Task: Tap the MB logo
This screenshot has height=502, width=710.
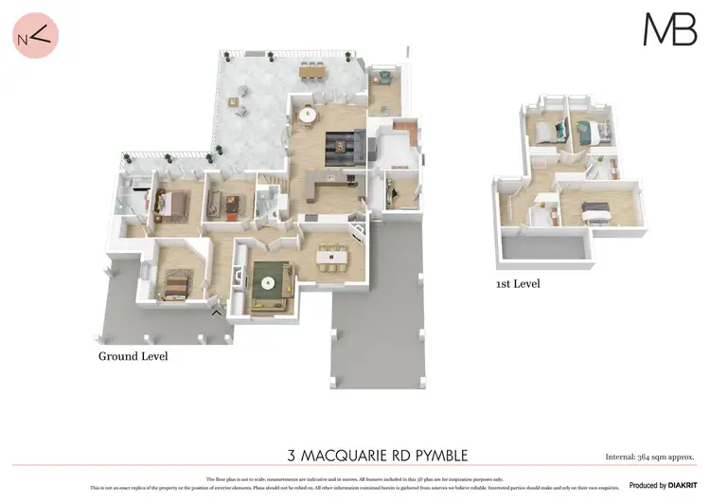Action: (x=669, y=29)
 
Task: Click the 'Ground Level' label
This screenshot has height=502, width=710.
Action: (x=133, y=356)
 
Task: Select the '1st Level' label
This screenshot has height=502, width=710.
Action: (x=518, y=283)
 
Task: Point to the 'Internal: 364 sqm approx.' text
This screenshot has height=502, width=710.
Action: (x=649, y=457)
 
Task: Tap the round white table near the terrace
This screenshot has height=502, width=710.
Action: (x=308, y=116)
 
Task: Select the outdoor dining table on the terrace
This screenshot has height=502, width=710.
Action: (x=312, y=70)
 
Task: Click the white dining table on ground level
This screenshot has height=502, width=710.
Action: (x=332, y=255)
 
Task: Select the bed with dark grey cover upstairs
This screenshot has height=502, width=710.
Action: (x=595, y=208)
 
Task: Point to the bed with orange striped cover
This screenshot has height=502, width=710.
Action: (x=175, y=281)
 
